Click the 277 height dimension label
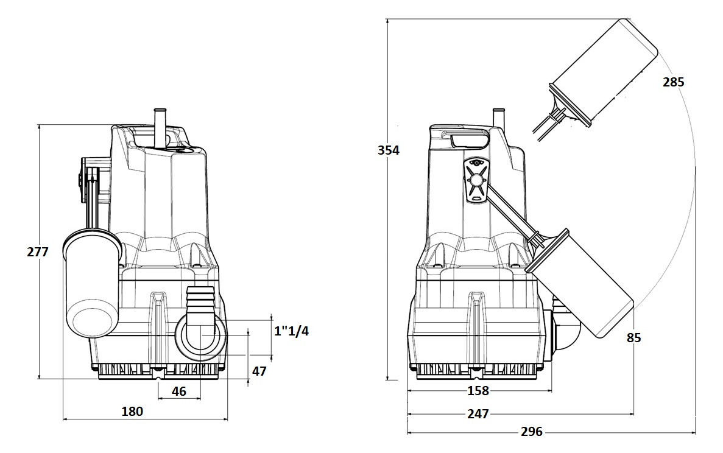click(x=38, y=252)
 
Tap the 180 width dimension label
click(x=132, y=411)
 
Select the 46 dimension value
click(x=179, y=392)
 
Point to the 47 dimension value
click(x=259, y=371)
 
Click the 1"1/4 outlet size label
click(x=291, y=331)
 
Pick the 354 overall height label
click(x=388, y=150)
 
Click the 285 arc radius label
click(x=674, y=82)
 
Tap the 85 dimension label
click(x=634, y=338)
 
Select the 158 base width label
click(x=478, y=391)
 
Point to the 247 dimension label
click(x=478, y=414)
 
